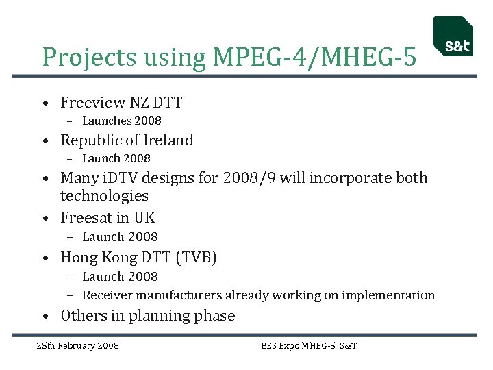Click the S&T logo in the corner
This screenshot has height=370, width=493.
pyautogui.click(x=453, y=37)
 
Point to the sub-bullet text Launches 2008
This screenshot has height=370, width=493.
pyautogui.click(x=121, y=121)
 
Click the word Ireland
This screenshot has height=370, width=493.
pyautogui.click(x=168, y=140)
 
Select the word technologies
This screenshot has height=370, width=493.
pyautogui.click(x=104, y=196)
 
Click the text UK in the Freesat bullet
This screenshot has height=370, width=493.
pyautogui.click(x=144, y=218)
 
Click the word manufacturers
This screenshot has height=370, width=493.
pyautogui.click(x=180, y=295)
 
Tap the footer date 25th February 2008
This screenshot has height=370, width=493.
pyautogui.click(x=77, y=345)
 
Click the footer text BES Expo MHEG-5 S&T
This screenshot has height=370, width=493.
pyautogui.click(x=309, y=345)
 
